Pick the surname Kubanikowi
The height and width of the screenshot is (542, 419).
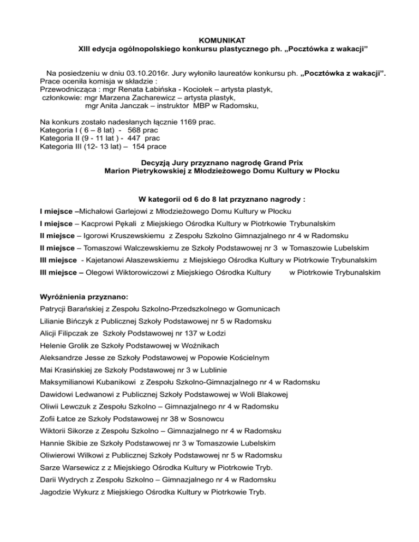(110, 382)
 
